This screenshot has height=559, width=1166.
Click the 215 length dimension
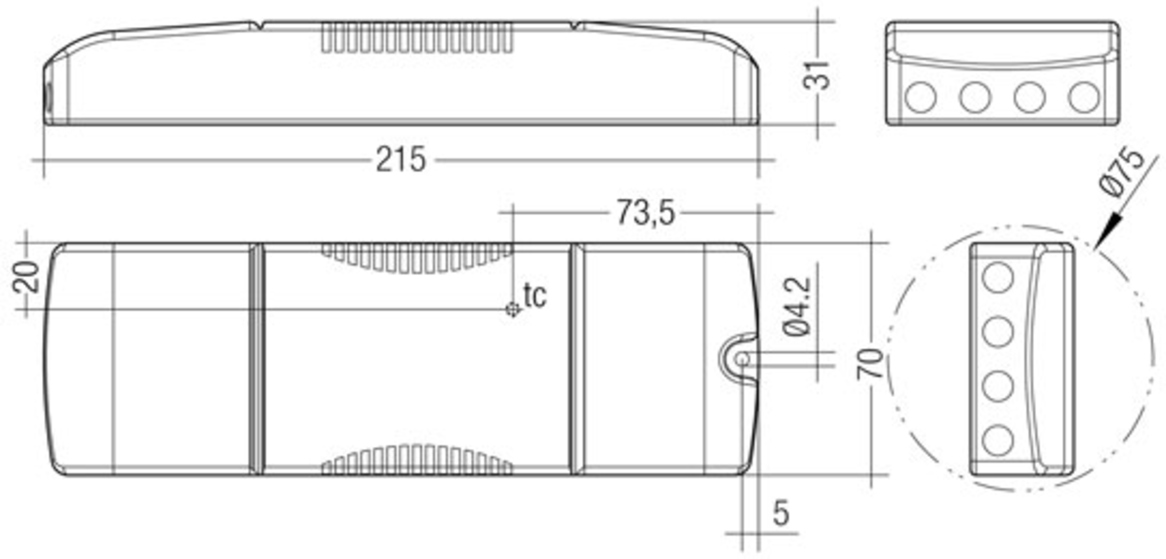(x=401, y=159)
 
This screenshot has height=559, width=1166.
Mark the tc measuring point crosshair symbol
(x=513, y=309)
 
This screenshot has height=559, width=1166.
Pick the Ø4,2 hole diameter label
(x=797, y=306)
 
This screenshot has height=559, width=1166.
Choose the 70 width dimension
(x=870, y=363)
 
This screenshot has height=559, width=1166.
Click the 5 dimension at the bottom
(x=781, y=513)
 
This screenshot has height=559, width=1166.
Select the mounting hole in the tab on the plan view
(x=742, y=360)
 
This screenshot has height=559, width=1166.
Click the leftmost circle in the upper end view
(x=921, y=97)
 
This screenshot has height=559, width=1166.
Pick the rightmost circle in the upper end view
(x=1083, y=97)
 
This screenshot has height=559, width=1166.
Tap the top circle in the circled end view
(x=998, y=277)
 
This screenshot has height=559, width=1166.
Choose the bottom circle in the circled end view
(x=998, y=440)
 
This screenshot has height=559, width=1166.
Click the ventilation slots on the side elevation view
(x=417, y=38)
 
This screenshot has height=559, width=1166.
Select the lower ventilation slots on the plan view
(x=417, y=459)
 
